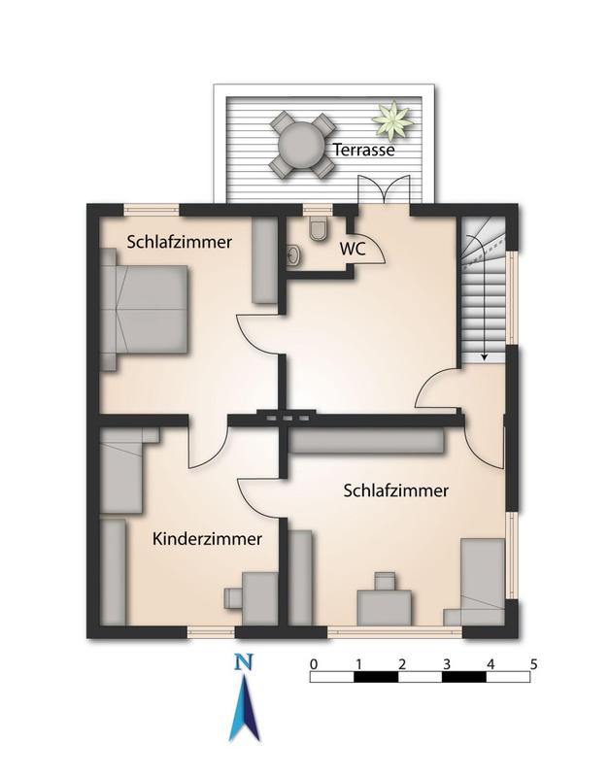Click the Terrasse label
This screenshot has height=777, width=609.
364,151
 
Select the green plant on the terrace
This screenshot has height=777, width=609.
390,121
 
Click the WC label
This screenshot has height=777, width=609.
352,248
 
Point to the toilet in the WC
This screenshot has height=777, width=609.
317,229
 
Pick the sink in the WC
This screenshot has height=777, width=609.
294,255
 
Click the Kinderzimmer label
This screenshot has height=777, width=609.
207,538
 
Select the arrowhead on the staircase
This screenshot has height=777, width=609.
483,356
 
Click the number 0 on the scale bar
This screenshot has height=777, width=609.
313,664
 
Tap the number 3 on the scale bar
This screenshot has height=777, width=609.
447,664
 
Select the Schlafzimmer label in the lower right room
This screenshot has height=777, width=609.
396,491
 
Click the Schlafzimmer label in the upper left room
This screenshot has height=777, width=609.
179,242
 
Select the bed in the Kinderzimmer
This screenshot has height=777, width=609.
123,476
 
